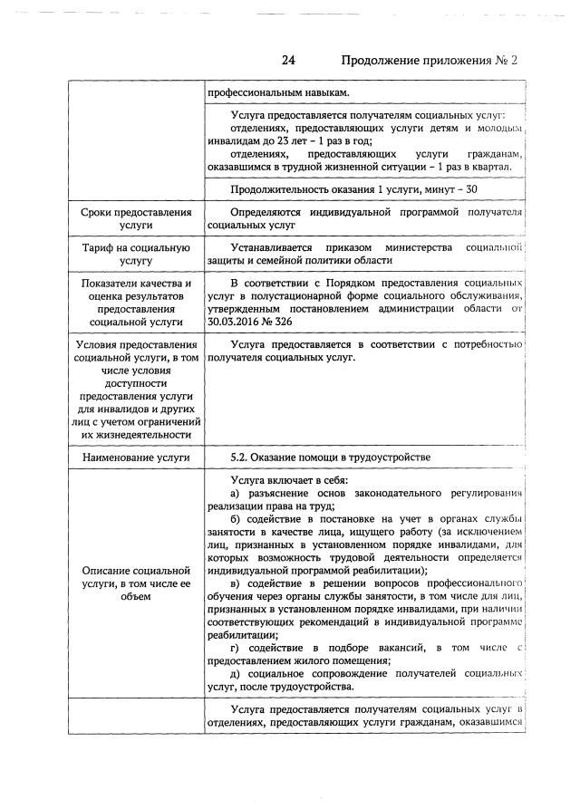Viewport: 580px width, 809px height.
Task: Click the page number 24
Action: pyautogui.click(x=289, y=61)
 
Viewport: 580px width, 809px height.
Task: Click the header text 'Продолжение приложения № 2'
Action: pyautogui.click(x=429, y=61)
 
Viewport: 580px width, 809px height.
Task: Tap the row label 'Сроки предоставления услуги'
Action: pyautogui.click(x=135, y=219)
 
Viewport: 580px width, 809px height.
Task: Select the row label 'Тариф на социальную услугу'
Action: pyautogui.click(x=135, y=254)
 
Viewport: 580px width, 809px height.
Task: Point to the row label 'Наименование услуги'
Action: pyautogui.click(x=135, y=457)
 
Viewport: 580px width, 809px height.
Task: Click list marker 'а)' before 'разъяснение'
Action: pyautogui.click(x=236, y=493)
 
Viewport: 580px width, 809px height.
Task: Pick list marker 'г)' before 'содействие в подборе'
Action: pyautogui.click(x=236, y=648)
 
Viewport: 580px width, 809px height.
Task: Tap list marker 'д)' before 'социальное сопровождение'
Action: pyautogui.click(x=236, y=674)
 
